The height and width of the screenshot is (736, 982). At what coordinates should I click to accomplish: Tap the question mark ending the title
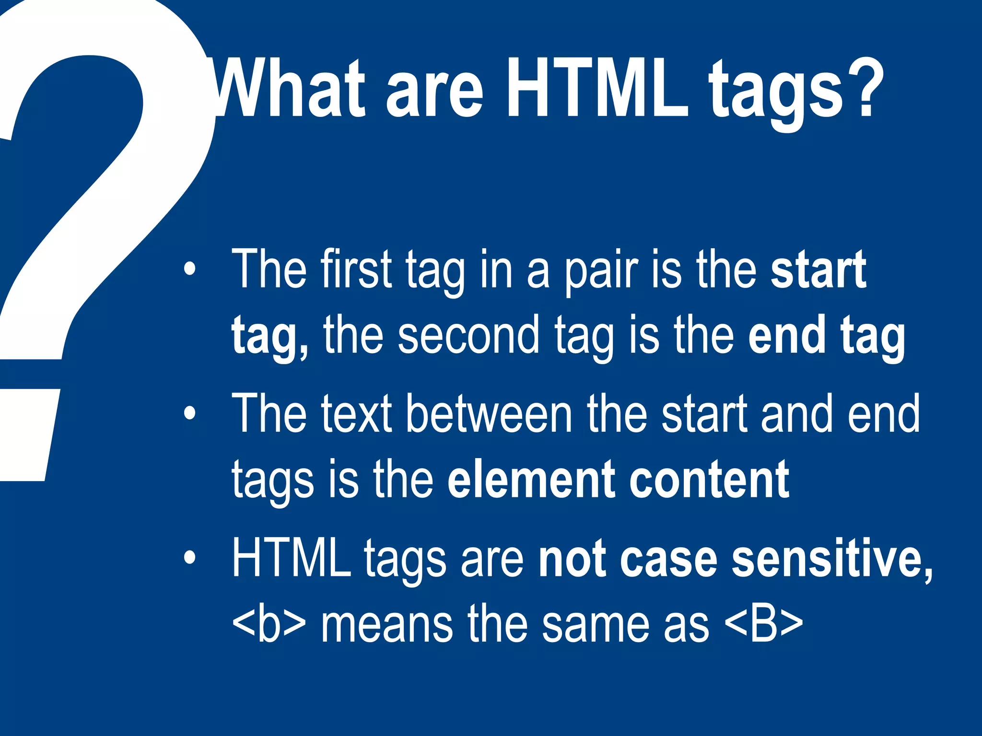tap(866, 89)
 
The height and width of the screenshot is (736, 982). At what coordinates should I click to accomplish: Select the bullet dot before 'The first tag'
tap(190, 270)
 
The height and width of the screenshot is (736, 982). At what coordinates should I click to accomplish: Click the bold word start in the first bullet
tap(818, 270)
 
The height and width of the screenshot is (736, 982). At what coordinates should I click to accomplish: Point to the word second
tap(468, 335)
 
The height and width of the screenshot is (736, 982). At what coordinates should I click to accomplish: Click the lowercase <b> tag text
tap(269, 623)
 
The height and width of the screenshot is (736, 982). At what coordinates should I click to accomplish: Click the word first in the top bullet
tap(356, 270)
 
